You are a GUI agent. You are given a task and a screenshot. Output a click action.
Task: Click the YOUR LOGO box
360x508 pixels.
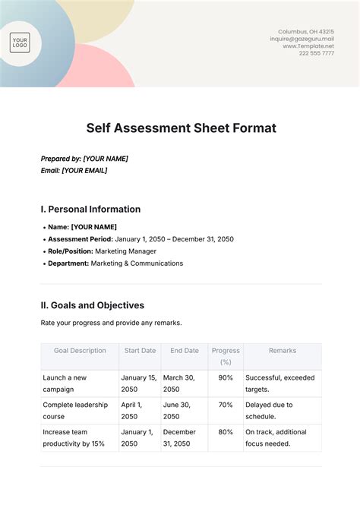[x=21, y=43]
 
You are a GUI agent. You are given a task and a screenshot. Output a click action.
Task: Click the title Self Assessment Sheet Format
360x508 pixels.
[x=180, y=128]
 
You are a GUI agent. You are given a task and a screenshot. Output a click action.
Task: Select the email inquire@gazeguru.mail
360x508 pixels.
[x=302, y=39]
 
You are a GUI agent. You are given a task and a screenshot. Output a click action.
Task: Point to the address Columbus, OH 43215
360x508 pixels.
[x=305, y=31]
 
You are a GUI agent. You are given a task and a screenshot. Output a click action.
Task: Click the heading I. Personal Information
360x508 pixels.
[x=90, y=209]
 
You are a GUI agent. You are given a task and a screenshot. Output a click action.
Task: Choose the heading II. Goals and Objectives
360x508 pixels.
[x=92, y=305]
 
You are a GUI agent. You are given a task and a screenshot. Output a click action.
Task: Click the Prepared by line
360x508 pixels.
[x=84, y=159]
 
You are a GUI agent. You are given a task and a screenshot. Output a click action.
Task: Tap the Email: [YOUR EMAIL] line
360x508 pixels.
[x=74, y=171]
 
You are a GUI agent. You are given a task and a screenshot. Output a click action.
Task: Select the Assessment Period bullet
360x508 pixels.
[x=141, y=238]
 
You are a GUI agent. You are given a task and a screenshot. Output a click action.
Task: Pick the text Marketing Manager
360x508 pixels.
[x=126, y=251]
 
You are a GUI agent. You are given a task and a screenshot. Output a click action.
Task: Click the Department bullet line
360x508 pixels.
[x=115, y=263]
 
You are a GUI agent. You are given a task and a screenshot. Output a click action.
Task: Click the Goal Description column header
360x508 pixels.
[x=80, y=351]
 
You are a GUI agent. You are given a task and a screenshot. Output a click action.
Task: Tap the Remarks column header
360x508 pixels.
[x=283, y=351]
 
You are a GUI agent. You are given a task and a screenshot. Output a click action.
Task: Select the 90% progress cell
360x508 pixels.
[x=226, y=377]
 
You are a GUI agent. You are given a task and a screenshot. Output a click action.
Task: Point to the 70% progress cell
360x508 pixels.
[x=226, y=405]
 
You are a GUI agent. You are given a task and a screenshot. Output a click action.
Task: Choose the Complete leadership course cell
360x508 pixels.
[x=75, y=411]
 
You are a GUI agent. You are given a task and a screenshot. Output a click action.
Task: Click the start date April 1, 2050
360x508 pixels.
[x=132, y=411]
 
